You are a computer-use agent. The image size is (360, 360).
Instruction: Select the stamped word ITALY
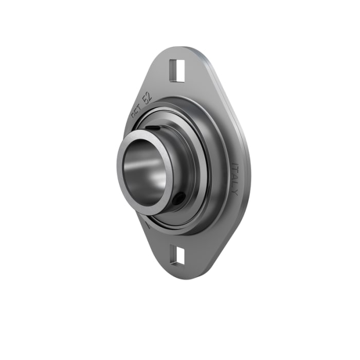pos(235,179)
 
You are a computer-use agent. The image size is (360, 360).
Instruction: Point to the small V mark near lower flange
pos(147,225)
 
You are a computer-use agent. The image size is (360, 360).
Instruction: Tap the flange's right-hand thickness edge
pos(248,170)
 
